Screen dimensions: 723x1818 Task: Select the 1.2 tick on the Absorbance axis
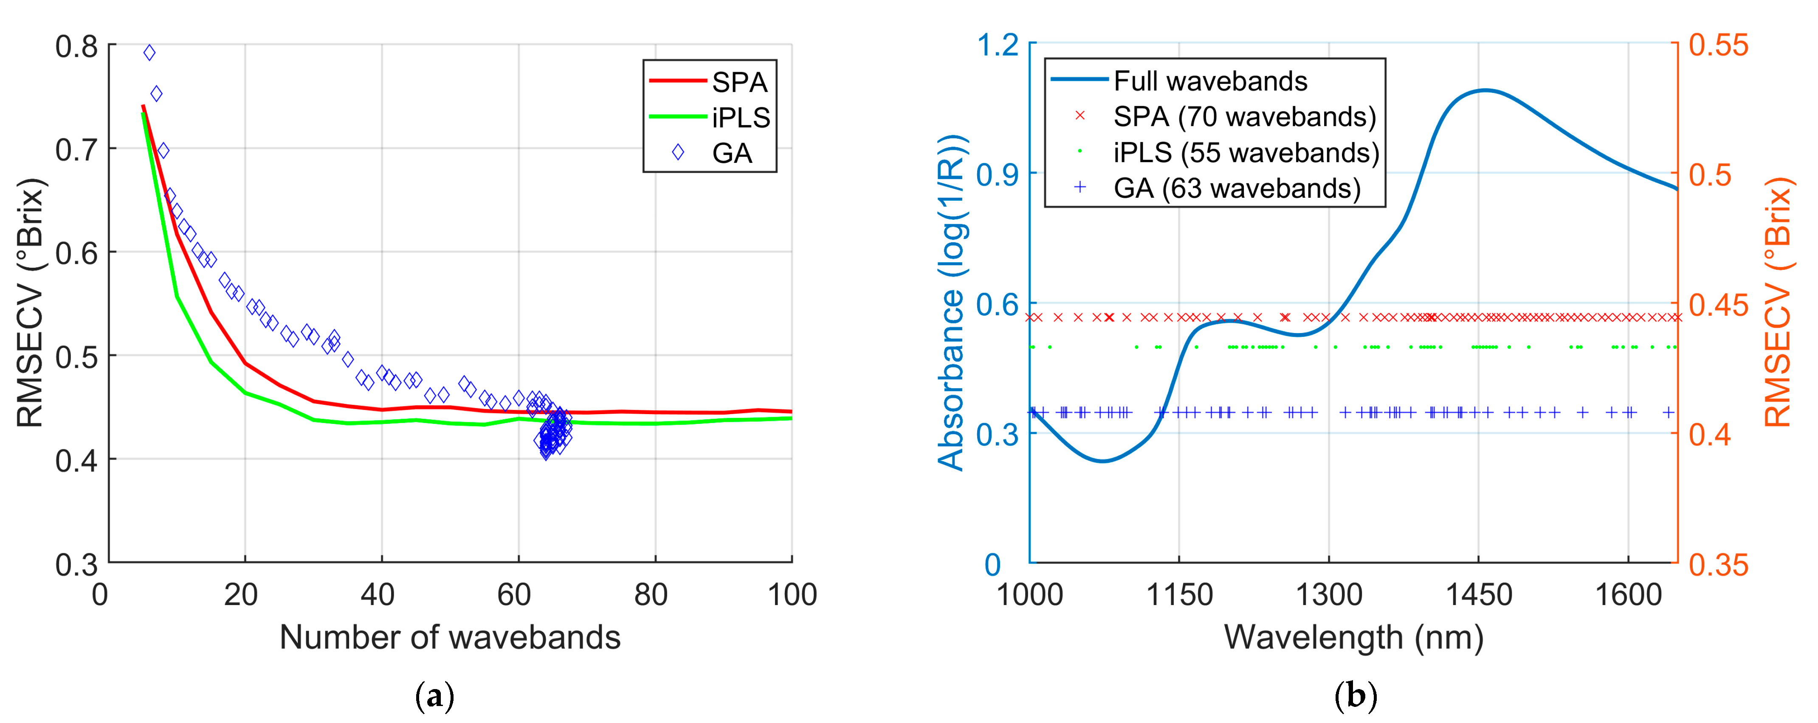[997, 45]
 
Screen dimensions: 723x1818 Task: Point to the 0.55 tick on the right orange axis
[1719, 45]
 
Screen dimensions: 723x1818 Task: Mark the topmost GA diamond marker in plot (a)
[149, 53]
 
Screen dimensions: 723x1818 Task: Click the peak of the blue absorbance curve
[1485, 90]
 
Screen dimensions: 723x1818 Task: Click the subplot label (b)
[1355, 697]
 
